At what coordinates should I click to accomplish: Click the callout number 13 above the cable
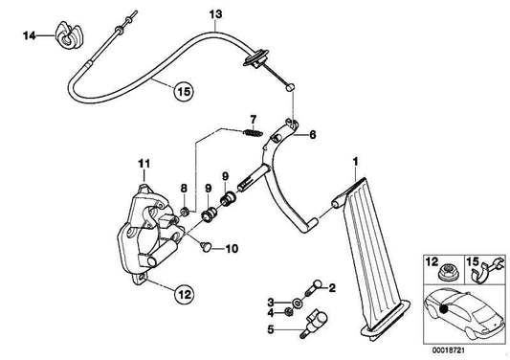pyautogui.click(x=215, y=13)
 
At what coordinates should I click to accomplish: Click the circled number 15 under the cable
pyautogui.click(x=182, y=92)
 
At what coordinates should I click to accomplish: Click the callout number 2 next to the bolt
pyautogui.click(x=331, y=286)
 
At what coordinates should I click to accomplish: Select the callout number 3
pyautogui.click(x=271, y=302)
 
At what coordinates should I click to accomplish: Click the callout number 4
pyautogui.click(x=271, y=314)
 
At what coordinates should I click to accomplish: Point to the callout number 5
pyautogui.click(x=271, y=332)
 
